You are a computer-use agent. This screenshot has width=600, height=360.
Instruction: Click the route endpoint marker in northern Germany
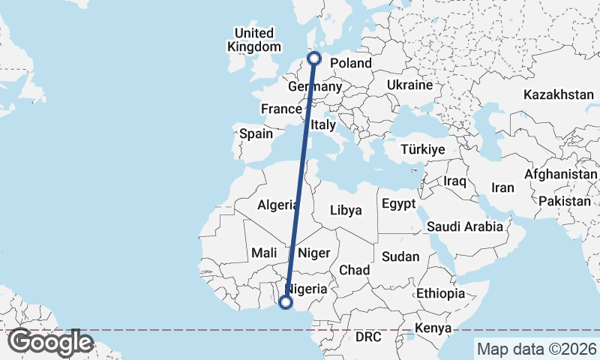pos(315,58)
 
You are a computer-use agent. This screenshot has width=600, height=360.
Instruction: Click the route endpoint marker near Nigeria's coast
pos(285,302)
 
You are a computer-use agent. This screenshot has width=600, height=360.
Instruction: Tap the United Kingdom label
pos(254,40)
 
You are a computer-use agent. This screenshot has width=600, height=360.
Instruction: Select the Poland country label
pos(350,63)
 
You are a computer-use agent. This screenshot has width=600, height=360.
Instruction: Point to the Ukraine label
pos(409,85)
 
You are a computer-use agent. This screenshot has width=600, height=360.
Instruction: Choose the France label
pos(280,109)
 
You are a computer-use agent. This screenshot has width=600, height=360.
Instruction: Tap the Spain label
pos(256,134)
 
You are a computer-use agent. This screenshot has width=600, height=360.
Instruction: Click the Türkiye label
pos(423,150)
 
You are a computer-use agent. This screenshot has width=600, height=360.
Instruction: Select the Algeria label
pos(278,205)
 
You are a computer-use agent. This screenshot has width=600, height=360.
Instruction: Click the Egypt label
pos(398,204)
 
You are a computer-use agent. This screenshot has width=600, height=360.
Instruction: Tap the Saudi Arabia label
pos(464,226)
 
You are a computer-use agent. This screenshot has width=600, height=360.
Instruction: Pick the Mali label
pos(265,253)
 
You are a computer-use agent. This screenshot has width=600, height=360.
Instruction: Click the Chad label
pos(354,269)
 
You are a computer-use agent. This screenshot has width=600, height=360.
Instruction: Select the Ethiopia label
pos(440,293)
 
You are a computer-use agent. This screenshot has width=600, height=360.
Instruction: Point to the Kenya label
pos(433,328)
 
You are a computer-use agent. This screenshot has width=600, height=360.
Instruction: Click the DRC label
pos(368,337)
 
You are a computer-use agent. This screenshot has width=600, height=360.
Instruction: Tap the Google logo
pos(50,342)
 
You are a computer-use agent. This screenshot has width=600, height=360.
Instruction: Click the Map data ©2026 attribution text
pos(536,349)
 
